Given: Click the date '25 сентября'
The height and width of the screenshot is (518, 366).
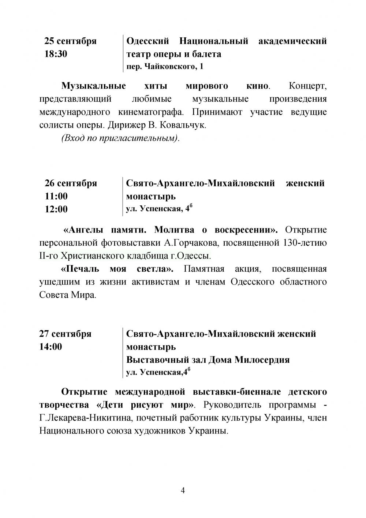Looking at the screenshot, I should click(70, 41).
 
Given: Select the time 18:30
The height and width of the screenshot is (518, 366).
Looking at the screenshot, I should click(56, 54).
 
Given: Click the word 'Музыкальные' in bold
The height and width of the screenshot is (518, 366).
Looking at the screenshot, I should click(93, 86).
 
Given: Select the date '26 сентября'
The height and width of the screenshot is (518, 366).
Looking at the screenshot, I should click(71, 183).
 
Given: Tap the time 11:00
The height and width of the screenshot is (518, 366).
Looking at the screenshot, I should click(56, 196).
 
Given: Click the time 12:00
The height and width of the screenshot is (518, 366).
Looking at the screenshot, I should click(56, 209).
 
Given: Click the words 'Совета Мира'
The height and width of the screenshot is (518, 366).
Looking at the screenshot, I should click(67, 295).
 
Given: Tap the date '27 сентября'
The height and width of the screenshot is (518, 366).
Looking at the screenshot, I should click(65, 334).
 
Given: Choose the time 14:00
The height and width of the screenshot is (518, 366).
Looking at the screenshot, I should click(51, 347).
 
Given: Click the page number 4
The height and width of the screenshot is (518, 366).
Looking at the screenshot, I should click(183, 491).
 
